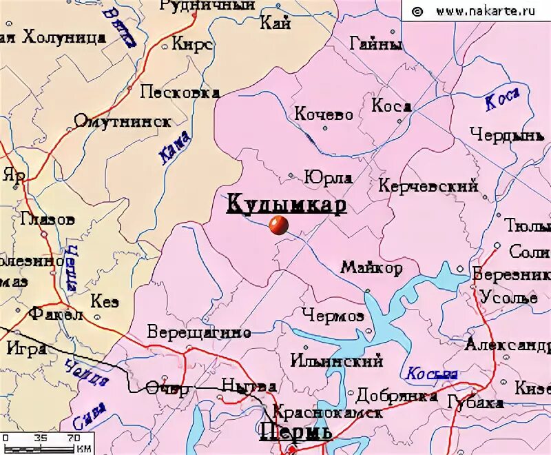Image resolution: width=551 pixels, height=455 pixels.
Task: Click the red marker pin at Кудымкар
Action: click(278, 225)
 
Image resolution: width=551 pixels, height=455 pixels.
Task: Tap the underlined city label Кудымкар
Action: click(286, 204)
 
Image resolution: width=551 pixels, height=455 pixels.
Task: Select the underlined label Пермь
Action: click(295, 432)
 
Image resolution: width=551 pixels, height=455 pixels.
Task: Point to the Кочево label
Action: click(324, 114)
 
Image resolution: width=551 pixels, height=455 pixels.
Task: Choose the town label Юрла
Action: click(329, 177)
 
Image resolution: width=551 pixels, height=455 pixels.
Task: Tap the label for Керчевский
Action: click(428, 185)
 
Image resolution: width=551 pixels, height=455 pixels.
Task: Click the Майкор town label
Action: click(371, 267)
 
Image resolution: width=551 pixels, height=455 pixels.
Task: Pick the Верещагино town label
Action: click(199, 332)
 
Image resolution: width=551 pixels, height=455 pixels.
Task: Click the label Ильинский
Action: click(336, 361)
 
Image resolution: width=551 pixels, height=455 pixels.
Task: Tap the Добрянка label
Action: click(397, 395)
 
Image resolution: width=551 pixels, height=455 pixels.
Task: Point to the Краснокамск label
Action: click(328, 413)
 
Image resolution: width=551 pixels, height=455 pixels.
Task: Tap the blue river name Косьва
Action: click(432, 374)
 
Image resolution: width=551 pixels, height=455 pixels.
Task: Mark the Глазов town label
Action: click(48, 220)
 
